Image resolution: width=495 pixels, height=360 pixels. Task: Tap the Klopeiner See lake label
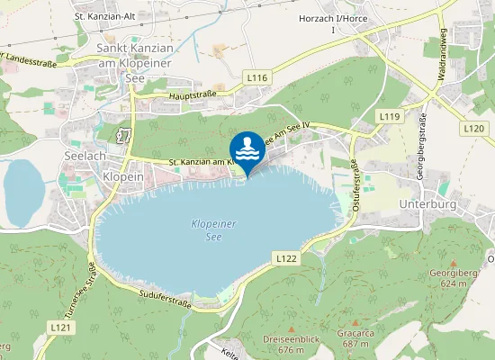(212, 230)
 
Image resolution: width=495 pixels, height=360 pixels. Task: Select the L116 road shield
(257, 79)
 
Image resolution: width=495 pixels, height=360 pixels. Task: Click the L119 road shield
(389, 117)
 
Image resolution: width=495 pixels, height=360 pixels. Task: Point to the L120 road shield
(474, 129)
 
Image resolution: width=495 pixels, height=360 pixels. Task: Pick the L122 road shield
(286, 258)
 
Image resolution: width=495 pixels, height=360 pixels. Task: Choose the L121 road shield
(61, 326)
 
